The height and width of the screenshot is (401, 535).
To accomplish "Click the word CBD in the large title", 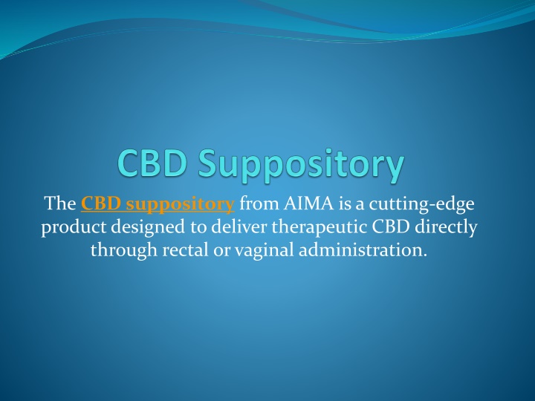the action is click(x=152, y=163).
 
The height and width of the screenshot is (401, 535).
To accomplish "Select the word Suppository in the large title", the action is click(x=301, y=166).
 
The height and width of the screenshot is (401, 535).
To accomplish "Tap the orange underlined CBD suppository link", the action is click(x=158, y=205).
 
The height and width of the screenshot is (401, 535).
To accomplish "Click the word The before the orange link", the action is click(x=60, y=203).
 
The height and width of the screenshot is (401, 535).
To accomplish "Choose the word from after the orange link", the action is click(x=259, y=203).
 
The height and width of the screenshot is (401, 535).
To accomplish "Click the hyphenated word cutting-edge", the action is click(x=422, y=205).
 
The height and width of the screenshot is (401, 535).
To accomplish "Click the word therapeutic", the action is click(x=319, y=228).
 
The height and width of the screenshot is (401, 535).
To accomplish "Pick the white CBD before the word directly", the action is click(x=391, y=226).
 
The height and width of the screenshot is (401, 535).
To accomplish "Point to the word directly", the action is click(x=446, y=228).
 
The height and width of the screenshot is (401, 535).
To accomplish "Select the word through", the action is click(x=124, y=251).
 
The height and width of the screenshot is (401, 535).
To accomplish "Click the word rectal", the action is click(x=185, y=250).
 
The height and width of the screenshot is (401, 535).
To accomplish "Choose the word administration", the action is click(x=363, y=250).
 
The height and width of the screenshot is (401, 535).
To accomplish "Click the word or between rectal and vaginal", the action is click(x=221, y=252).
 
